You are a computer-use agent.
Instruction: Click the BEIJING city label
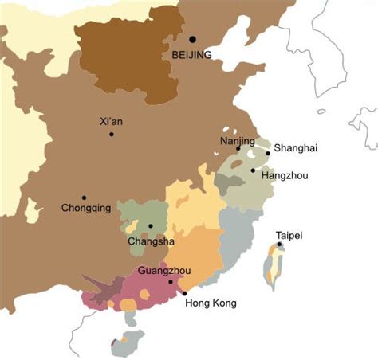tap(191, 55)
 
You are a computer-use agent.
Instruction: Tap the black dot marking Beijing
tap(192, 39)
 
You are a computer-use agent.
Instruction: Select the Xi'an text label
tap(112, 122)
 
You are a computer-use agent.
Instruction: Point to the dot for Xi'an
tap(112, 134)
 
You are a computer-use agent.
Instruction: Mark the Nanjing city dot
tap(238, 149)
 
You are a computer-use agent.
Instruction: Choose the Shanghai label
tap(295, 148)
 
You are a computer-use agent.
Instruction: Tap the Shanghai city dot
tap(268, 153)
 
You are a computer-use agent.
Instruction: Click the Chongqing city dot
tap(84, 198)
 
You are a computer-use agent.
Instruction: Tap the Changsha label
tap(148, 241)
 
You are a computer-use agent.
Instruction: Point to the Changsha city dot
tap(150, 226)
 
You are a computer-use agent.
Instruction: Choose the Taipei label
tap(289, 235)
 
